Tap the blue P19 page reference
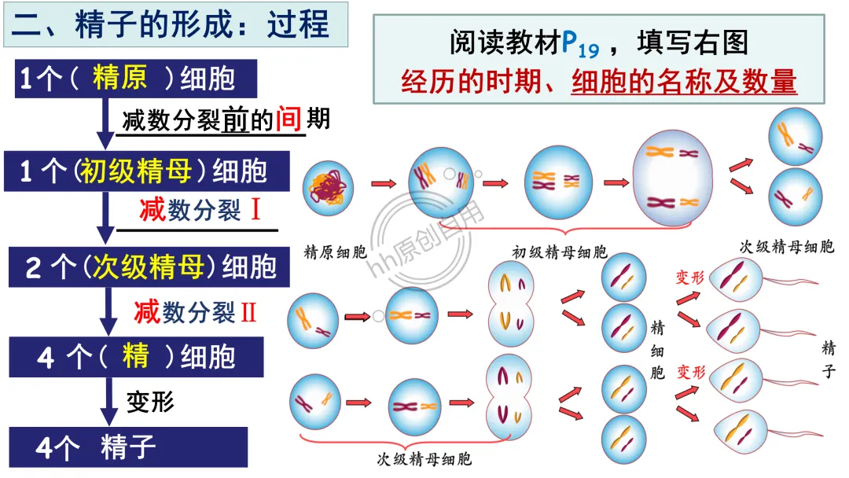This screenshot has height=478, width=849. click(x=580, y=43)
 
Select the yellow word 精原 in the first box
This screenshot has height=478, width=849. click(x=118, y=79)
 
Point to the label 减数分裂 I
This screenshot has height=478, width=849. click(x=200, y=210)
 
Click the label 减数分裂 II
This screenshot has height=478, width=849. click(x=196, y=312)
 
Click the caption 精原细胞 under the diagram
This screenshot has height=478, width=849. click(x=335, y=253)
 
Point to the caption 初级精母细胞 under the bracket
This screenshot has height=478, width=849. click(x=559, y=253)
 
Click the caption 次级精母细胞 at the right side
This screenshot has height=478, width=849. click(x=787, y=247)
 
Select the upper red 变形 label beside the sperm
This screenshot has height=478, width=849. click(x=691, y=278)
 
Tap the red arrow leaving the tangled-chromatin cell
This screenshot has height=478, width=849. click(x=383, y=184)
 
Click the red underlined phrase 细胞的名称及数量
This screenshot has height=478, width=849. click(x=684, y=82)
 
